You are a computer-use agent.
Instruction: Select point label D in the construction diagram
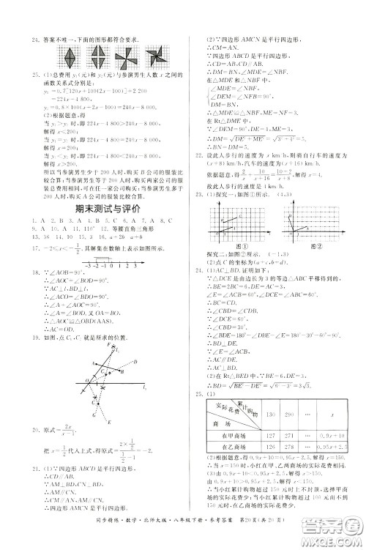coord(121,363)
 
